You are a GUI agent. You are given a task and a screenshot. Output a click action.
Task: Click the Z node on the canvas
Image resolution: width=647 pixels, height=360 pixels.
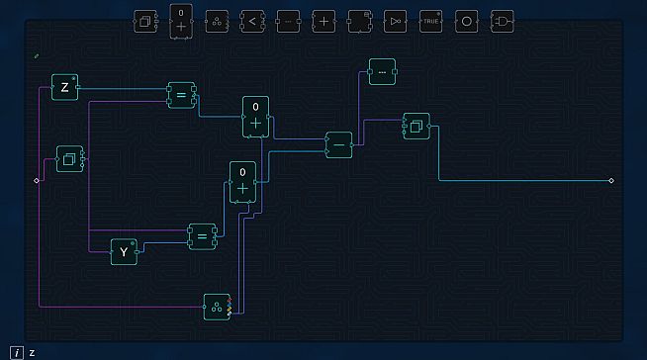pos(65,88)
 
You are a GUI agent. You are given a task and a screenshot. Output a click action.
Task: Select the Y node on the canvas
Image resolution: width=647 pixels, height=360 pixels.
pos(125,252)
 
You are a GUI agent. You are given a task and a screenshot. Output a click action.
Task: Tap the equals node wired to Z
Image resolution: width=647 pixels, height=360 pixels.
pos(181,95)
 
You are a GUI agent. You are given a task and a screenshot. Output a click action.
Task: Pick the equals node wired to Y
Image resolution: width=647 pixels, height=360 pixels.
pos(202,236)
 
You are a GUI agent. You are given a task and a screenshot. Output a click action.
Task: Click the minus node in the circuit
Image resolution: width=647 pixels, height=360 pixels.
pos(339,144)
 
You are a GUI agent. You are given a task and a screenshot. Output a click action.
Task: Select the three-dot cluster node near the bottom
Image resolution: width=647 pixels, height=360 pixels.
pos(217,307)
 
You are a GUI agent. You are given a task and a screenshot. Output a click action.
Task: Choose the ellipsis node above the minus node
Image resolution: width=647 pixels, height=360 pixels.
pos(383,72)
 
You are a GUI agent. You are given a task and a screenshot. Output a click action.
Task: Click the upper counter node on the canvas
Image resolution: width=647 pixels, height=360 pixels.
pos(255,117)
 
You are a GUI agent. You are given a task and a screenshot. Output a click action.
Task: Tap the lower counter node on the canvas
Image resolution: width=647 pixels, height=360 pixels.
pos(242,182)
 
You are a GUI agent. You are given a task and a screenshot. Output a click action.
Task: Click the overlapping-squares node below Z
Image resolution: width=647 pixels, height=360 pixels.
pos(69,158)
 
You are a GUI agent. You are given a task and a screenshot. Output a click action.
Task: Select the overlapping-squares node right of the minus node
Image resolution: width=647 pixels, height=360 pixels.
pos(416,127)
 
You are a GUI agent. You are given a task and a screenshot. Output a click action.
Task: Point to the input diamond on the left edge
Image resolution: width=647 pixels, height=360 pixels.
pos(37,180)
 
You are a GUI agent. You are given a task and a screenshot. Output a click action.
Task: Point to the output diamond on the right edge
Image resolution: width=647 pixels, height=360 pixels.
pos(611,180)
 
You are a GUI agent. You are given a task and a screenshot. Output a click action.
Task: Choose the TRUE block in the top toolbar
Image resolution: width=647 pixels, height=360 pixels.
pos(430,21)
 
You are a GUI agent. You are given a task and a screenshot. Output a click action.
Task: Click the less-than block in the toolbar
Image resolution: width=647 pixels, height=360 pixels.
pos(252,21)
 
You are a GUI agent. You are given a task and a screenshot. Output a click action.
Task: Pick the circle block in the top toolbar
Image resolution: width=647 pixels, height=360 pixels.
pos(466,21)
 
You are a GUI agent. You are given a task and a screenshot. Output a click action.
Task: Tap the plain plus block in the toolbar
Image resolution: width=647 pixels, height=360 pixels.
pos(323,21)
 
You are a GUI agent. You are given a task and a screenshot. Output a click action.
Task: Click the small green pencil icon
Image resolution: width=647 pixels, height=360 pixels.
pos(37,56)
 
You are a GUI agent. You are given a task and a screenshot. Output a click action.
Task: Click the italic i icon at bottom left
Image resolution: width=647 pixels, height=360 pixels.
pos(17,352)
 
